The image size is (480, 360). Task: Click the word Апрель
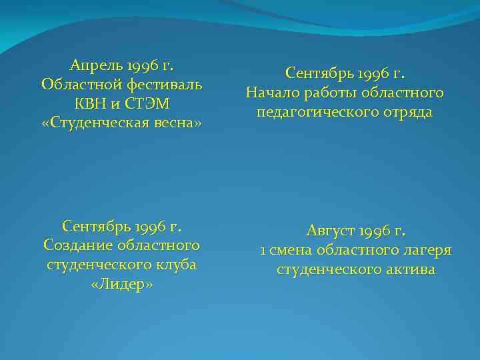[x=94, y=65]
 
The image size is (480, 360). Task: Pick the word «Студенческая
[x=102, y=123]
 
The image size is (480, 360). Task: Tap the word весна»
[x=181, y=123]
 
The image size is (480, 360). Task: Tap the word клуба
[x=180, y=264]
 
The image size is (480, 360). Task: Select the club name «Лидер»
[x=121, y=283]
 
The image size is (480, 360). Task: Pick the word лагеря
[x=425, y=251]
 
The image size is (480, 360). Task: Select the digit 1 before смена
[x=264, y=251]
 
